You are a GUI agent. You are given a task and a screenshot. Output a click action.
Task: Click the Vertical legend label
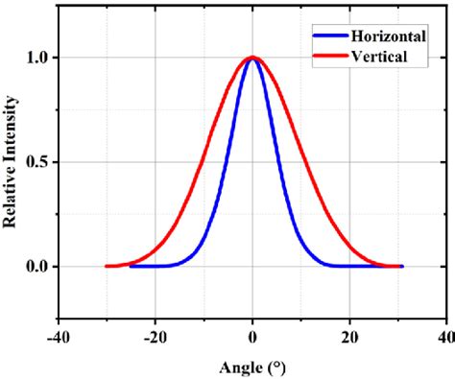(380, 57)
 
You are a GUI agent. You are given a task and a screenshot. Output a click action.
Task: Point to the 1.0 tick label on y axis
(39, 58)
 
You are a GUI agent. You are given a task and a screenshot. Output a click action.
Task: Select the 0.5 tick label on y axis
(39, 162)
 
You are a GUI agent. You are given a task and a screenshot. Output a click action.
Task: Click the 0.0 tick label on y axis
(39, 266)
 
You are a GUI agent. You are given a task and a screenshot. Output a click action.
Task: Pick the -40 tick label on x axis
(57, 337)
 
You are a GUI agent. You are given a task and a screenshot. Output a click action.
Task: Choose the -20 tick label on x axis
(154, 337)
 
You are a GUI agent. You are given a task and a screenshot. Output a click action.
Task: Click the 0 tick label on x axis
(252, 337)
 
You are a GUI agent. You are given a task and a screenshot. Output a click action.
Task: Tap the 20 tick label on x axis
(349, 337)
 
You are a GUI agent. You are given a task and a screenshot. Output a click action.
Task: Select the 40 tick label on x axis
(445, 337)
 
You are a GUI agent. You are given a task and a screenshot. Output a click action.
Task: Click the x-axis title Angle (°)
(251, 367)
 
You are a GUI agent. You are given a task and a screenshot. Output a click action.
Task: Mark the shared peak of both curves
(252, 58)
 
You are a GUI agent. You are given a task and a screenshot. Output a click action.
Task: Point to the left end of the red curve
(107, 266)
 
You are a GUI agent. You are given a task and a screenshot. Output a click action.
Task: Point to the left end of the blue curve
(131, 266)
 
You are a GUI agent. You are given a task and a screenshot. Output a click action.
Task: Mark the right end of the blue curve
(402, 266)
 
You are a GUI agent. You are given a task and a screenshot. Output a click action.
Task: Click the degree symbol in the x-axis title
(274, 365)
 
